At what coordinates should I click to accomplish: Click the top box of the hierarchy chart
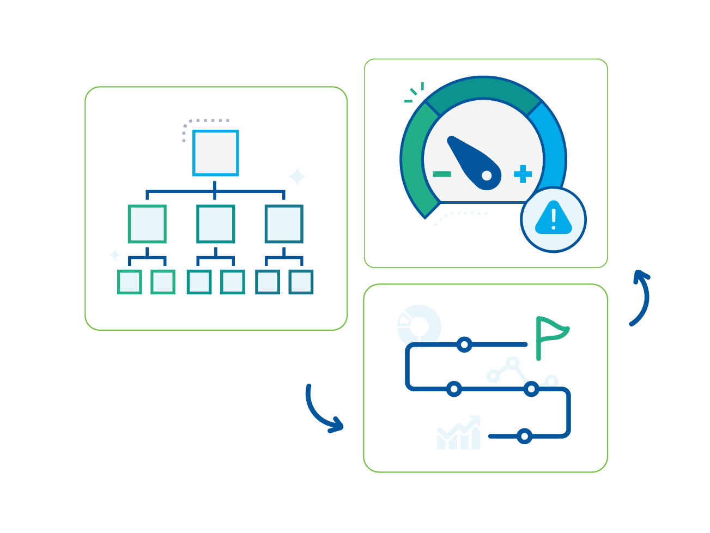pyautogui.click(x=216, y=153)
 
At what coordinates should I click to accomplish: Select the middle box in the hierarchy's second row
pyautogui.click(x=216, y=223)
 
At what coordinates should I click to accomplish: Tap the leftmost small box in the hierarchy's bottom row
pyautogui.click(x=130, y=282)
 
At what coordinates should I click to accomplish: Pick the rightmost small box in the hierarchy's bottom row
pyautogui.click(x=301, y=282)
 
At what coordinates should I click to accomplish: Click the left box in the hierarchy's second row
pyautogui.click(x=147, y=223)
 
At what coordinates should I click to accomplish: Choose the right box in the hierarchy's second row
pyautogui.click(x=284, y=223)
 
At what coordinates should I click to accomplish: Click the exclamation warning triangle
pyautogui.click(x=554, y=219)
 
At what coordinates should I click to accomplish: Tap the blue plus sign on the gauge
pyautogui.click(x=523, y=174)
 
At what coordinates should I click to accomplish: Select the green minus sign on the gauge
pyautogui.click(x=442, y=174)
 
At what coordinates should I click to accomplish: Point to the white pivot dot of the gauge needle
pyautogui.click(x=487, y=175)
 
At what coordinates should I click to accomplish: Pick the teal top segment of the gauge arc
pyautogui.click(x=483, y=89)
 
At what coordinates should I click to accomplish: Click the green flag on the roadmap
pyautogui.click(x=550, y=332)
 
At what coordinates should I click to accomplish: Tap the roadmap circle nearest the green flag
pyautogui.click(x=464, y=344)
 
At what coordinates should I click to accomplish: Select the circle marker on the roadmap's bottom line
pyautogui.click(x=524, y=436)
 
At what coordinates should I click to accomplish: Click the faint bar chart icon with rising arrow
pyautogui.click(x=459, y=434)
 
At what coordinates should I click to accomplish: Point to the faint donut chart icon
pyautogui.click(x=419, y=325)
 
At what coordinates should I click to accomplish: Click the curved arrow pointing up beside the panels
pyautogui.click(x=641, y=297)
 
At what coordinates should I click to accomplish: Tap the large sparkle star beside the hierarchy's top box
pyautogui.click(x=298, y=177)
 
